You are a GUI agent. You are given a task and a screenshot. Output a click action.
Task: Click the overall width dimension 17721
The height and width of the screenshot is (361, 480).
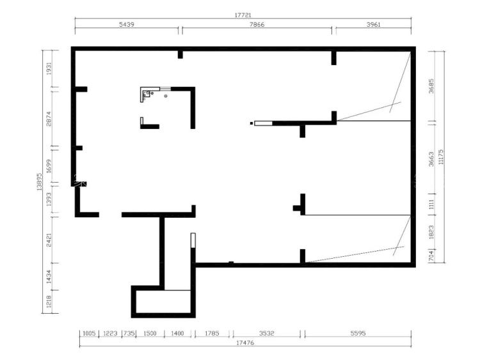243,15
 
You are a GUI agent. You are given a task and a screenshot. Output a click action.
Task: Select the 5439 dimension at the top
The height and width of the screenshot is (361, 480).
127,24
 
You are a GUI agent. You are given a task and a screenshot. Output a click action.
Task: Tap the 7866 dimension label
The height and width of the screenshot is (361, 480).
257,24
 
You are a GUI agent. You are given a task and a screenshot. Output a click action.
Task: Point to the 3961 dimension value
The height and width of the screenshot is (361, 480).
373,24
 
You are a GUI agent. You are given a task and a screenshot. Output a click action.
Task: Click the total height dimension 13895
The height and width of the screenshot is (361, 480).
39,181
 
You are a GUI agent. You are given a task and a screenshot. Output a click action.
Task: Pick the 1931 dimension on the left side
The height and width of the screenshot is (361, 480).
49,68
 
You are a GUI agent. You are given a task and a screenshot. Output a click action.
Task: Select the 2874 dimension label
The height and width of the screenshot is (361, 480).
49,119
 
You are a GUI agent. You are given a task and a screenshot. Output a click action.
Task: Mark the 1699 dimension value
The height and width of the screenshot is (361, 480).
49,166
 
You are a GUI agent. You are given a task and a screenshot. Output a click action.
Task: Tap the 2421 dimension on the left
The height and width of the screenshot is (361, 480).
49,240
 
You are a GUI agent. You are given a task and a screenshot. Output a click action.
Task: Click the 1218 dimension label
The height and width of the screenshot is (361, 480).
49,301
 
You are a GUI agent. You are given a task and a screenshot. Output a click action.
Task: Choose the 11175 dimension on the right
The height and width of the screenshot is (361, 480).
441,157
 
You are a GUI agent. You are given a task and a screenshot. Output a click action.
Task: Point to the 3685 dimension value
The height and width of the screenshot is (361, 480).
431,86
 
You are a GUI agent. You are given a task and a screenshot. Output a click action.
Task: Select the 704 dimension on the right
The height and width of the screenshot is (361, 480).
431,256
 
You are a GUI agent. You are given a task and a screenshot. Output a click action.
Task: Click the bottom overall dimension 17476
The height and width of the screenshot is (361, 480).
245,342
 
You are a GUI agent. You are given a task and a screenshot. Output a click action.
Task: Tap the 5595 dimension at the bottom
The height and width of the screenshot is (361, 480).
358,333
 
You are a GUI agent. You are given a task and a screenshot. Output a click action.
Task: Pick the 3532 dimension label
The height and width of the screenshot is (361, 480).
266,333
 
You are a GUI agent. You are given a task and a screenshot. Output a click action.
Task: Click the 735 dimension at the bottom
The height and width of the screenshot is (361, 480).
129,333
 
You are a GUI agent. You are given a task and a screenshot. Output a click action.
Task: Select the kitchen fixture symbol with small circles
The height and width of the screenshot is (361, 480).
147,94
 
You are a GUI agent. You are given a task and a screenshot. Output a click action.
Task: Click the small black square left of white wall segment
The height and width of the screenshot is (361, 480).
252,123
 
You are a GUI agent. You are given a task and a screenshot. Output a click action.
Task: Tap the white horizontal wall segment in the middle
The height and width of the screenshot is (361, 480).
263,123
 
